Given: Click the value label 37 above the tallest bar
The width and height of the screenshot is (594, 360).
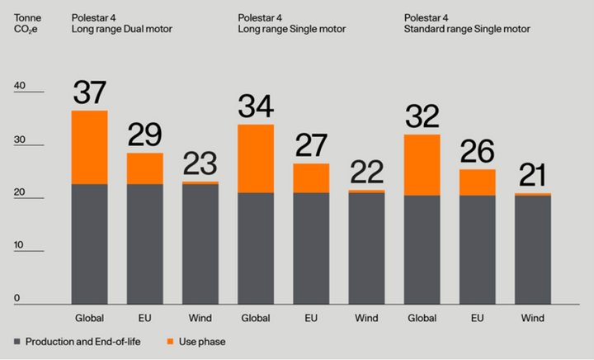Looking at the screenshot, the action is [89, 92].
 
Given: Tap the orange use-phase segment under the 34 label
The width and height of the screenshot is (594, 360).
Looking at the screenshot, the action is [256, 159].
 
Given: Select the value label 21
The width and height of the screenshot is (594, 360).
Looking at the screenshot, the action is [533, 175].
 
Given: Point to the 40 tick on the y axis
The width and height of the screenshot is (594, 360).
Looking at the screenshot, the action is [20, 86].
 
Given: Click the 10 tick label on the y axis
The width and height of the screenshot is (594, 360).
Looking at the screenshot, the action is [18, 244].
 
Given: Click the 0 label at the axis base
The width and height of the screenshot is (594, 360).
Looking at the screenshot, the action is [16, 298].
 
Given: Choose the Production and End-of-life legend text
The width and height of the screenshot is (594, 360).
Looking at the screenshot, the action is [83, 342].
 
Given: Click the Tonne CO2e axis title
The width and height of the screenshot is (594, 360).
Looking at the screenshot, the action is [27, 23].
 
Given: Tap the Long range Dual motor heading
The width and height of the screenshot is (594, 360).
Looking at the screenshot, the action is [121, 29].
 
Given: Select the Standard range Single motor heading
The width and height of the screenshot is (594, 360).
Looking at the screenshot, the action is [467, 29].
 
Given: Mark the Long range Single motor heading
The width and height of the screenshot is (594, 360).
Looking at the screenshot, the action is [292, 29].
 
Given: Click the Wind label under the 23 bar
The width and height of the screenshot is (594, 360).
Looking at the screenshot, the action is [200, 318].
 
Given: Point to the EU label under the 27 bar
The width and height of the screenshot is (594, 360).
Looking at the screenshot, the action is [311, 318].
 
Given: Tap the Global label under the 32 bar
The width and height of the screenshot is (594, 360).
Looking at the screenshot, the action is [422, 318].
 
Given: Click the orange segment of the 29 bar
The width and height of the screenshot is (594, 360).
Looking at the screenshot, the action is [145, 168].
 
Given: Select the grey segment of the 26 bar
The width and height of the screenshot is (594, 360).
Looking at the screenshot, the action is [478, 249].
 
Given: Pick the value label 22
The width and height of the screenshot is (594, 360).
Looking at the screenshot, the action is [366, 172].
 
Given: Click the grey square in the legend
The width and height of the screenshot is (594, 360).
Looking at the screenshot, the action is [17, 342].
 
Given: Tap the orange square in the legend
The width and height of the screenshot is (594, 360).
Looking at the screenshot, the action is [171, 342].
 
